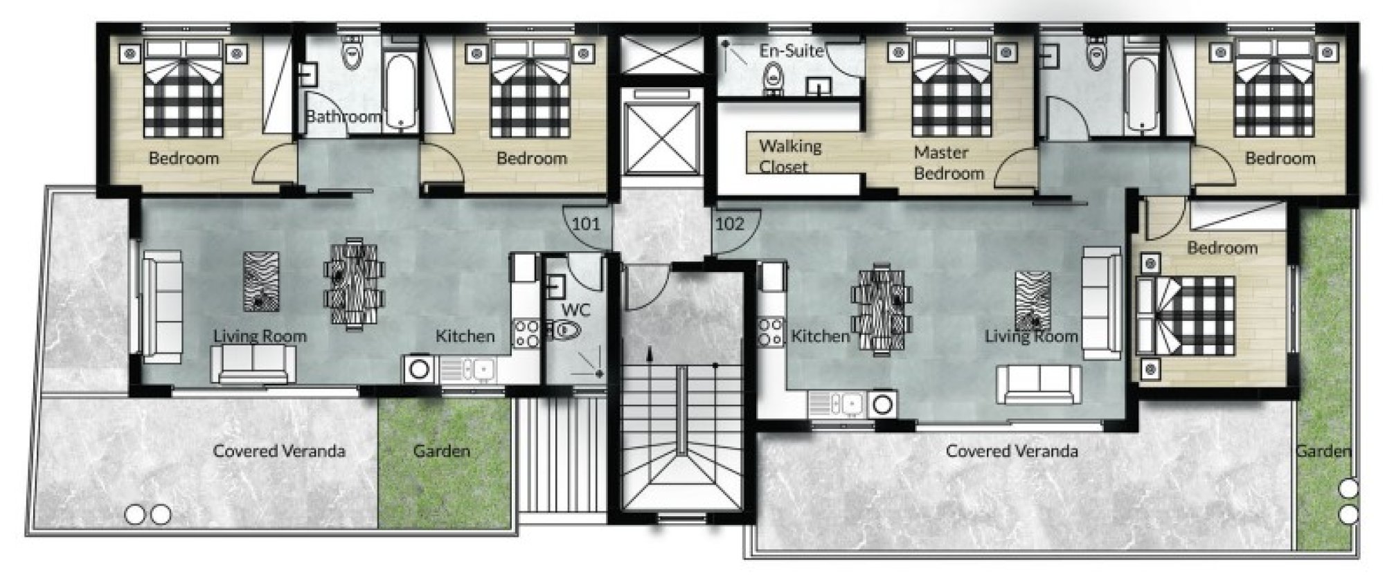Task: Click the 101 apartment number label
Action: (x=586, y=224)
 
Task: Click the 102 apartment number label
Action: (x=729, y=223)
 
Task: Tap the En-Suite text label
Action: (x=792, y=51)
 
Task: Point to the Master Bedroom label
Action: (x=948, y=163)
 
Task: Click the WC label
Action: (x=575, y=309)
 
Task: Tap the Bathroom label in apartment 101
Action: (x=343, y=116)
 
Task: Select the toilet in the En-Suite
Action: (x=773, y=77)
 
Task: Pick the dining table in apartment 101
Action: (x=354, y=283)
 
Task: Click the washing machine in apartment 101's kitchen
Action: (x=419, y=369)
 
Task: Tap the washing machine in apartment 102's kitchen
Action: (x=882, y=404)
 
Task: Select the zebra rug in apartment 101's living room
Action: (x=262, y=282)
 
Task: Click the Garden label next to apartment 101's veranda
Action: (x=442, y=451)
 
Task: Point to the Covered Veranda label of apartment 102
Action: (x=1012, y=451)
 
